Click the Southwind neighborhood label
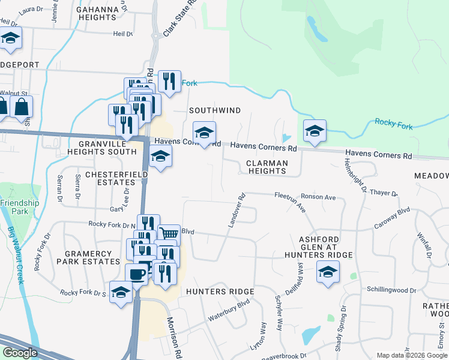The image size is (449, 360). [215, 110]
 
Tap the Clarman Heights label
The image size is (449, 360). [267, 167]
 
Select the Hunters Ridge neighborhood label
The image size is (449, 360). [220, 292]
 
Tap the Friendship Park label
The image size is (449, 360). [20, 207]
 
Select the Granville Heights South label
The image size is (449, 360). [107, 148]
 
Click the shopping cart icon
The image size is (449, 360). [169, 233]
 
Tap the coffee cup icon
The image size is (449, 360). [136, 274]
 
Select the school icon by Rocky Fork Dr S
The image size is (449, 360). [121, 292]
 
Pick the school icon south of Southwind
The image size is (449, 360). [204, 133]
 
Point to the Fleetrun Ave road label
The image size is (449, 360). [291, 202]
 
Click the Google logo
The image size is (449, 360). [20, 353]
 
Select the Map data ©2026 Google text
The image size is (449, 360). [412, 355]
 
